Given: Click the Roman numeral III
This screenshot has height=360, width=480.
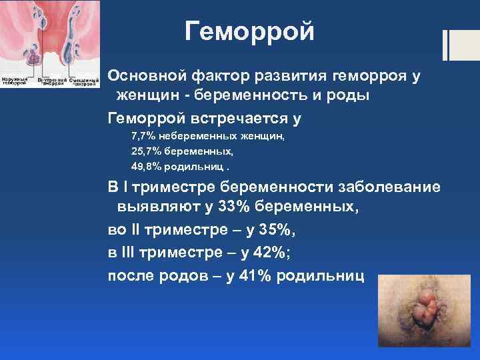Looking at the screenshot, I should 129,254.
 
